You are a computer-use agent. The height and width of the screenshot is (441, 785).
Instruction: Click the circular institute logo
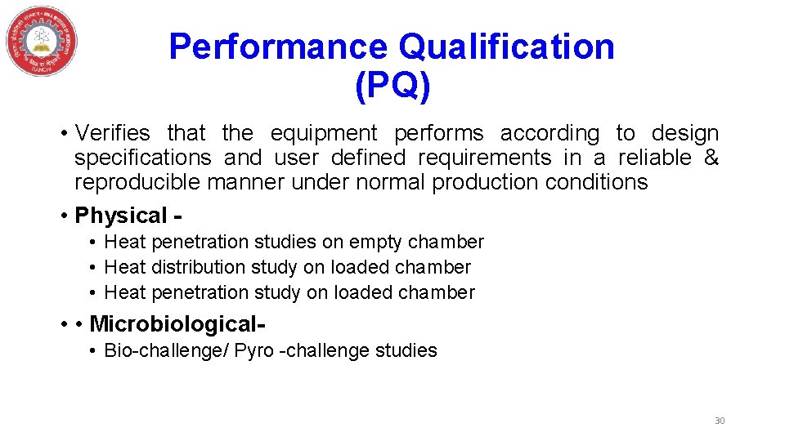tap(42, 42)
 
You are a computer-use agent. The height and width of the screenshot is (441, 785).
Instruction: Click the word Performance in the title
tap(278, 47)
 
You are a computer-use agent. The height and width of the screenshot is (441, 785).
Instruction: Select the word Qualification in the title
tap(506, 47)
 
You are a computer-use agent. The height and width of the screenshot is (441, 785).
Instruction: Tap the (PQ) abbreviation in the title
tap(392, 85)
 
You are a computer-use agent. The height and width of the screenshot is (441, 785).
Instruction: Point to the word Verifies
tap(113, 133)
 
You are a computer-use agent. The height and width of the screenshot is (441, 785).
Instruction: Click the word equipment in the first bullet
tap(324, 133)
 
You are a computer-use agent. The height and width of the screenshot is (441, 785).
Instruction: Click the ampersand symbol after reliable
tap(711, 158)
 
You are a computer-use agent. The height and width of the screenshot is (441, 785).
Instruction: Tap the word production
tap(482, 182)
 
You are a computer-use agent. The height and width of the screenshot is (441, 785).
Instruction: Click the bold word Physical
tap(121, 216)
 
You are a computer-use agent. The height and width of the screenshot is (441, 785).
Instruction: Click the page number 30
tap(720, 421)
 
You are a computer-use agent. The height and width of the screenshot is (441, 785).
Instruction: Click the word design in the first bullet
tap(685, 133)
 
